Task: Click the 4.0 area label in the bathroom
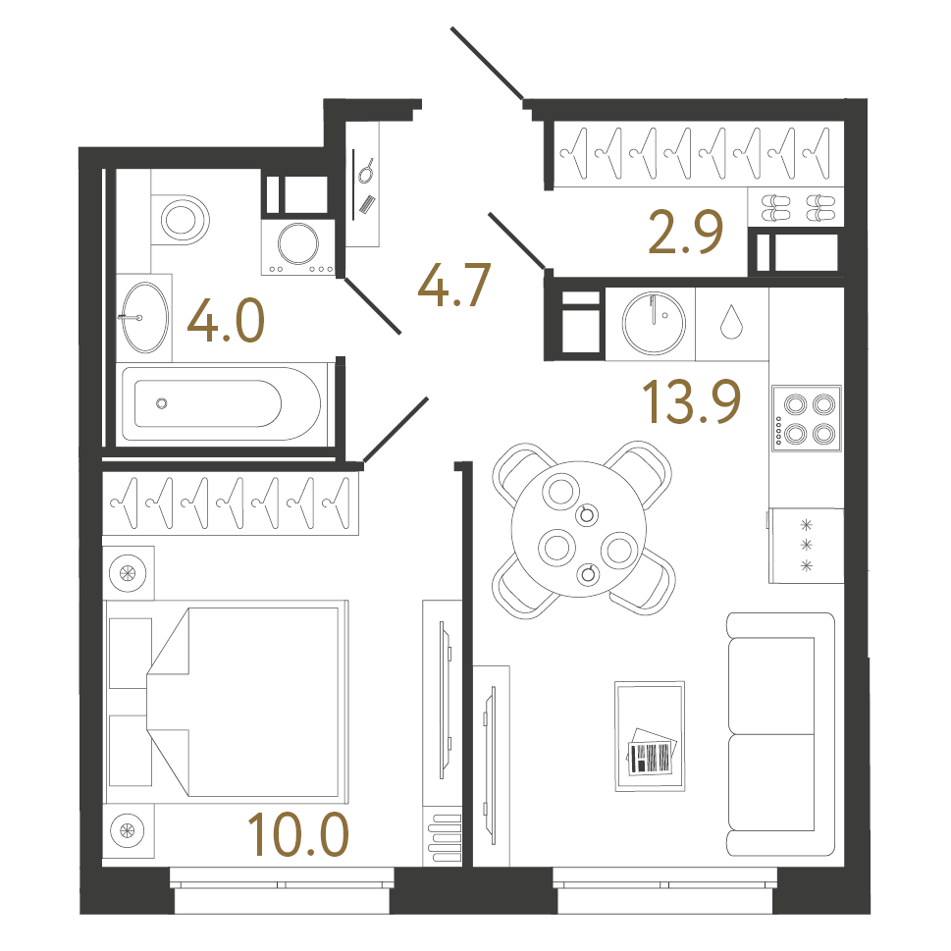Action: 227,320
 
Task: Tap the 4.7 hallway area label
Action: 454,285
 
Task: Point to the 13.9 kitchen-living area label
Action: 692,400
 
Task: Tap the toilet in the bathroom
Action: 181,220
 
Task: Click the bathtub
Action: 222,403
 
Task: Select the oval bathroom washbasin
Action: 145,317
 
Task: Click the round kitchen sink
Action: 654,323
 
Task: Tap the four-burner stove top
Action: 807,418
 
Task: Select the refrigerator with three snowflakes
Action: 806,546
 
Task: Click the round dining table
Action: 579,529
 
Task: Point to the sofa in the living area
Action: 781,734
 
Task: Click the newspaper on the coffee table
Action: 652,751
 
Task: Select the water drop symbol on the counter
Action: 731,322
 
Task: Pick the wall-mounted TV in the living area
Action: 490,766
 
